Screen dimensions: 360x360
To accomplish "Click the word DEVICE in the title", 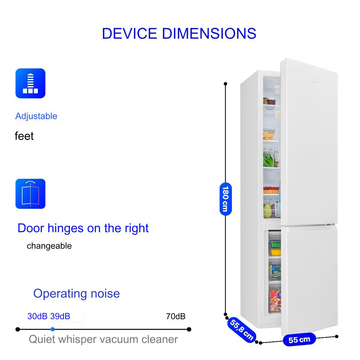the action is tap(129, 33).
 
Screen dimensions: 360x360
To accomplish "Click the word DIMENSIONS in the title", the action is tap(209, 33).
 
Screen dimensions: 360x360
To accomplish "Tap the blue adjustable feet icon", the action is tap(31, 83).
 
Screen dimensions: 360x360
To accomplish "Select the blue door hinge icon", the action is tap(31, 194).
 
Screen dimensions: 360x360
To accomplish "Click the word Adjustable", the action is tap(36, 116).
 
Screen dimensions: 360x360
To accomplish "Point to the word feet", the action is tap(24, 136).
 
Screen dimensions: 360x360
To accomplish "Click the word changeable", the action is tap(49, 246).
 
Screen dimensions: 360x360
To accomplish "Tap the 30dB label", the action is tap(37, 316).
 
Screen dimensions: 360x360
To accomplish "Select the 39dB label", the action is tap(60, 316).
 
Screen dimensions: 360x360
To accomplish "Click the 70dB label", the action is tap(175, 316).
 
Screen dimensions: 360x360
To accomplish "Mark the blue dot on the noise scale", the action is tap(52, 329).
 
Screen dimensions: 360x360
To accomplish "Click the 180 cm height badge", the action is tap(226, 199).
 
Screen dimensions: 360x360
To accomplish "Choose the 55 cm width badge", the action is tap(299, 339).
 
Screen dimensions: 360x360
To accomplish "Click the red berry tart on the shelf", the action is tap(271, 190).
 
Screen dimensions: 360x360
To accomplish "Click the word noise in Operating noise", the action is tap(105, 293).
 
